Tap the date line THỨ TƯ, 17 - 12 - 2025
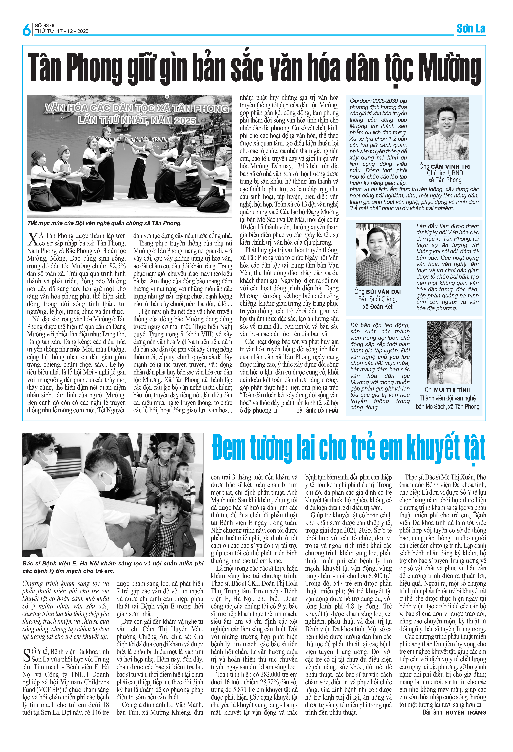(x=61, y=31)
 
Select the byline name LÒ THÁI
(x=327, y=411)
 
